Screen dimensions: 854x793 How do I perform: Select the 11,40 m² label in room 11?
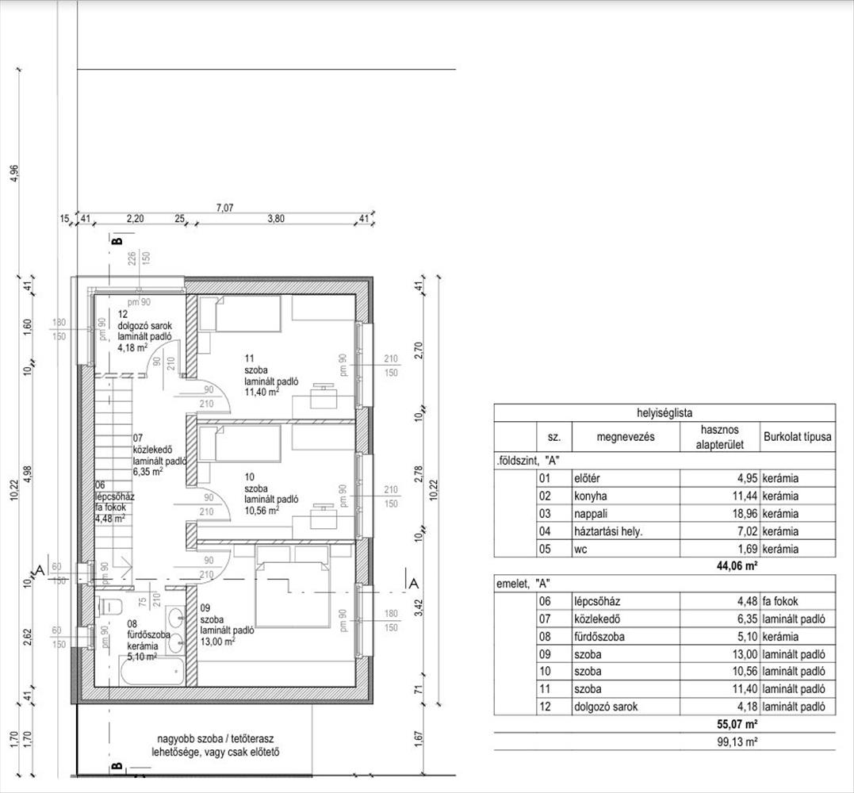point(262,393)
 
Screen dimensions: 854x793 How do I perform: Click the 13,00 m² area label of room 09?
point(218,642)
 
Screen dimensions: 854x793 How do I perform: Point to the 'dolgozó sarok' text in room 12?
point(144,325)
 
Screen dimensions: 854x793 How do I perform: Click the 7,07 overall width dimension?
point(224,208)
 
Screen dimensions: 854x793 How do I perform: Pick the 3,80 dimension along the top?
point(276,219)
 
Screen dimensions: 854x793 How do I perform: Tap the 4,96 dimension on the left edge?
point(15,174)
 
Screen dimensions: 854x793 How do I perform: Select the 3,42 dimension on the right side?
point(419,607)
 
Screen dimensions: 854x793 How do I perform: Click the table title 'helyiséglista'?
point(664,413)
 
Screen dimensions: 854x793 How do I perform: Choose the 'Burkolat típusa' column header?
point(798,437)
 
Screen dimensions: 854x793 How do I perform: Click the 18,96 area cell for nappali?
point(745,514)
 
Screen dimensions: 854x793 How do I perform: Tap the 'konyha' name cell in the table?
point(591,496)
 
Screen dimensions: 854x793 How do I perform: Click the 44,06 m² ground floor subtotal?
point(737,566)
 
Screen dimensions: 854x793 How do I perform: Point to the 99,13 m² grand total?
point(738,741)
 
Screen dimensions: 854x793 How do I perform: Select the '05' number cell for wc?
point(545,549)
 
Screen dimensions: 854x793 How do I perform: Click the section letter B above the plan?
point(117,240)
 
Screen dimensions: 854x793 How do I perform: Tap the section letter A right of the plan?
point(414,584)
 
